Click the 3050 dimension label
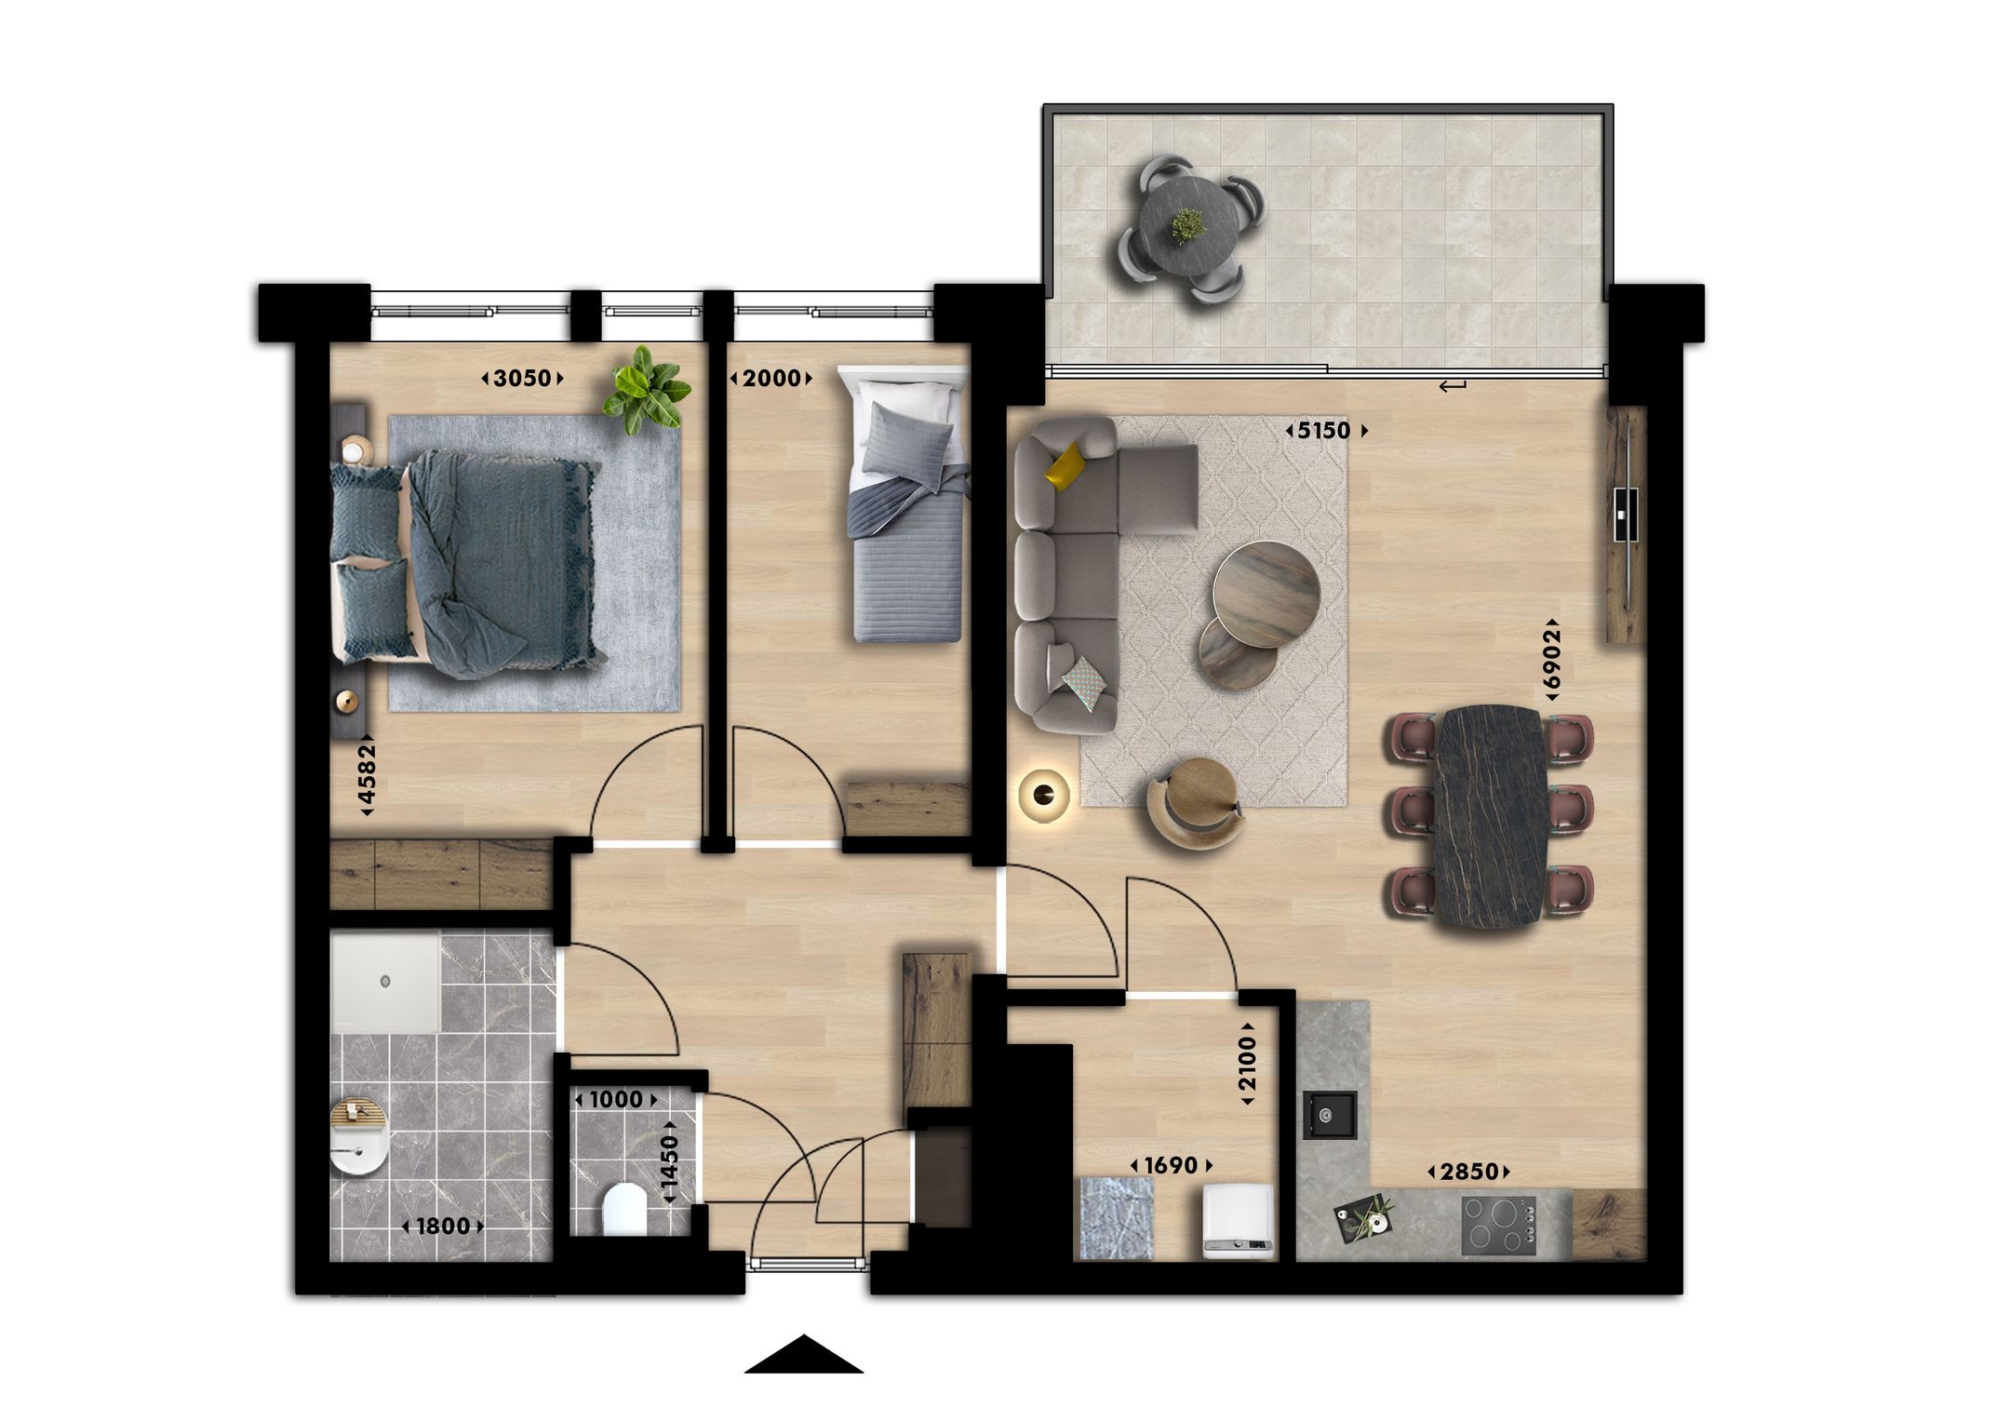click(522, 378)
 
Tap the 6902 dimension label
click(1550, 660)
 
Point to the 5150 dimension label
click(1325, 431)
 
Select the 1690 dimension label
click(1171, 1165)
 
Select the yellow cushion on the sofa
click(1066, 464)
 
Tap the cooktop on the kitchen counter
click(1498, 1225)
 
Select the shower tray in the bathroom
click(385, 983)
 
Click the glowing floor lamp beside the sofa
click(1043, 794)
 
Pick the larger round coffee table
click(1266, 593)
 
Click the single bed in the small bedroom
click(906, 521)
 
